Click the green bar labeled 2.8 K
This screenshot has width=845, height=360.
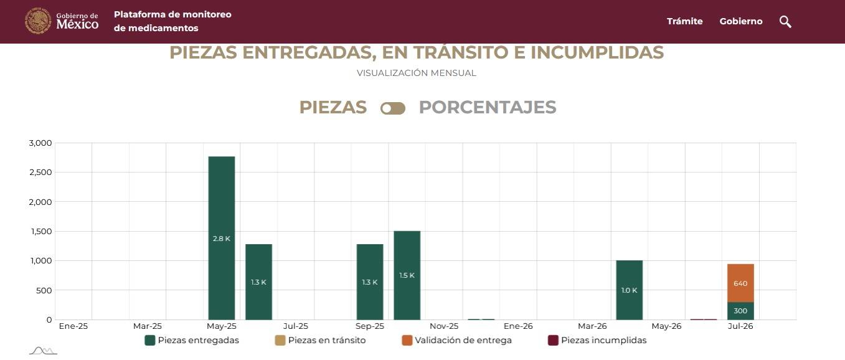pyautogui.click(x=222, y=238)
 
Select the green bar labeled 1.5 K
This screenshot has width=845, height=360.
pyautogui.click(x=407, y=275)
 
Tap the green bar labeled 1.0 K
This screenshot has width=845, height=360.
pyautogui.click(x=629, y=290)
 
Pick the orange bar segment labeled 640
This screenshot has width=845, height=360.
pyautogui.click(x=740, y=283)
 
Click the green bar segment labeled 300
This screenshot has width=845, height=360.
pyautogui.click(x=740, y=311)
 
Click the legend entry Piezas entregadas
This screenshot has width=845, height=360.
pyautogui.click(x=192, y=340)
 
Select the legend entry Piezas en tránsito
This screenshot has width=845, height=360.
pyautogui.click(x=320, y=340)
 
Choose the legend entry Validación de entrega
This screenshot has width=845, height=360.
pyautogui.click(x=457, y=340)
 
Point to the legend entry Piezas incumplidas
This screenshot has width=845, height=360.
pyautogui.click(x=597, y=340)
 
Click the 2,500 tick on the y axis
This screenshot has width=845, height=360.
pyautogui.click(x=40, y=173)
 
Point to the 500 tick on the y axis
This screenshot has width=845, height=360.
pyautogui.click(x=44, y=291)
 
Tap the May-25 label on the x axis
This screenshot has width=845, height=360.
pyautogui.click(x=222, y=326)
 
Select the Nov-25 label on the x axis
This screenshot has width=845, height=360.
pyautogui.click(x=444, y=326)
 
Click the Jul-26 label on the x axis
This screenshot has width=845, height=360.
pyautogui.click(x=740, y=326)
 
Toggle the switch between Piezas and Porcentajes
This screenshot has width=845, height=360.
pyautogui.click(x=393, y=108)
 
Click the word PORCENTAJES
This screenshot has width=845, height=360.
pyautogui.click(x=488, y=107)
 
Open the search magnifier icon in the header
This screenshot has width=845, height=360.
pyautogui.click(x=785, y=22)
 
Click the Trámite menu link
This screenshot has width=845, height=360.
pyautogui.click(x=685, y=21)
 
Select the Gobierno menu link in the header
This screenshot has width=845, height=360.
pyautogui.click(x=741, y=21)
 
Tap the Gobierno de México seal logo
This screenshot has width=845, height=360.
pyautogui.click(x=38, y=21)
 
